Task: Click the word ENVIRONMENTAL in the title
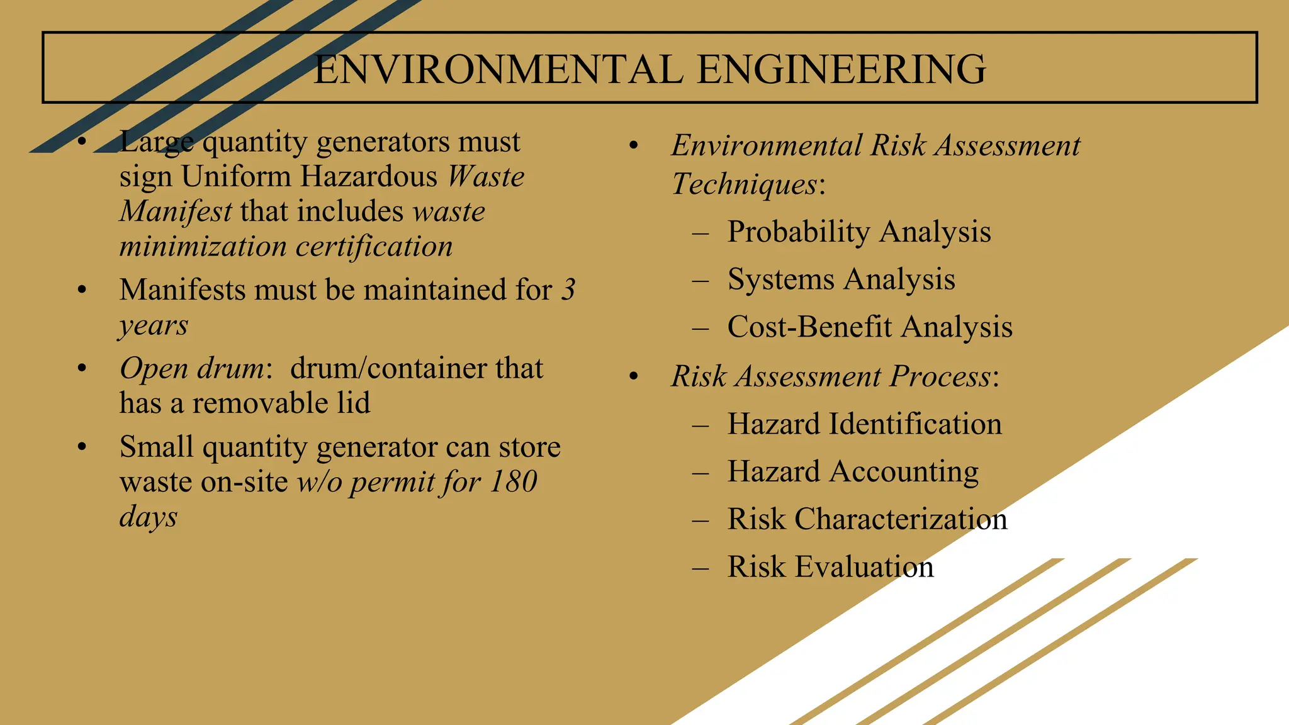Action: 498,69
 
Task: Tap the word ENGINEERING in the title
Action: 842,69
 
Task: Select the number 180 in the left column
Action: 513,482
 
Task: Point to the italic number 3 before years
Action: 568,290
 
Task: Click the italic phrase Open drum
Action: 193,369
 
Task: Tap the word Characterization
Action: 901,519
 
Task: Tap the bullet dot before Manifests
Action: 81,290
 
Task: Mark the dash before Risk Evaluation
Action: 700,568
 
